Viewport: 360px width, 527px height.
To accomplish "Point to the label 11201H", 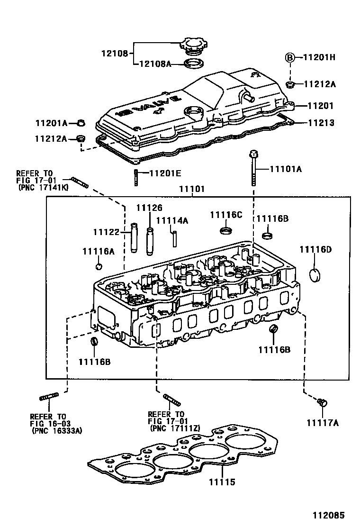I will pyautogui.click(x=319, y=57).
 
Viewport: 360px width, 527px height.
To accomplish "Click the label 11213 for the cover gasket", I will pyautogui.click(x=321, y=123).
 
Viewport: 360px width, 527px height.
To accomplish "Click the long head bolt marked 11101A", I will pyautogui.click(x=253, y=171).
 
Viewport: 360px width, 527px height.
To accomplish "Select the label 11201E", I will pyautogui.click(x=166, y=173).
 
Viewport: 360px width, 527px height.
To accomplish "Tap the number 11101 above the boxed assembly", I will pyautogui.click(x=191, y=189).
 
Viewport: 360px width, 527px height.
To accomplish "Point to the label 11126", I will pyautogui.click(x=149, y=208).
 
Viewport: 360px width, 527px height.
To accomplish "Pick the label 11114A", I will pyautogui.click(x=172, y=220).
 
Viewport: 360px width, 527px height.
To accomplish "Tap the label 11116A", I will pyautogui.click(x=98, y=252).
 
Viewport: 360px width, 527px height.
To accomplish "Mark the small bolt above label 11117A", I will pyautogui.click(x=322, y=403).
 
